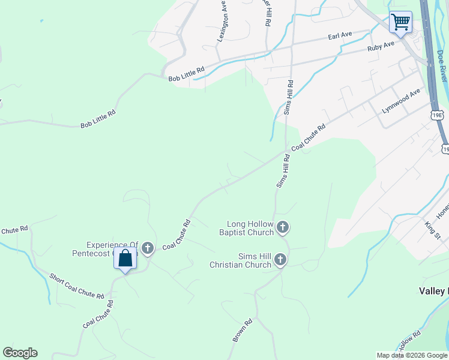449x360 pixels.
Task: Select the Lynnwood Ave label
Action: [401, 102]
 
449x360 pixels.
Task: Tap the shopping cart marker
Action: [400, 23]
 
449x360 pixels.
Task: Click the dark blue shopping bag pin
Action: [125, 259]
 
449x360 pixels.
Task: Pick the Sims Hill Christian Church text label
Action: [240, 260]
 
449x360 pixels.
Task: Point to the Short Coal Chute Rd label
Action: [77, 285]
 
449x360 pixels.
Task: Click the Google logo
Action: [20, 353]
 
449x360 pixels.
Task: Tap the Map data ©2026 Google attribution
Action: [412, 355]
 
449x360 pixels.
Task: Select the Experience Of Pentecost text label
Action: [113, 249]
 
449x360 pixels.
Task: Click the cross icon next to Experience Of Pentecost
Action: [148, 248]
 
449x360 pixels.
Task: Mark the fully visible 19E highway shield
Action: [437, 114]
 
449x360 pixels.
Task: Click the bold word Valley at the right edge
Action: [433, 291]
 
